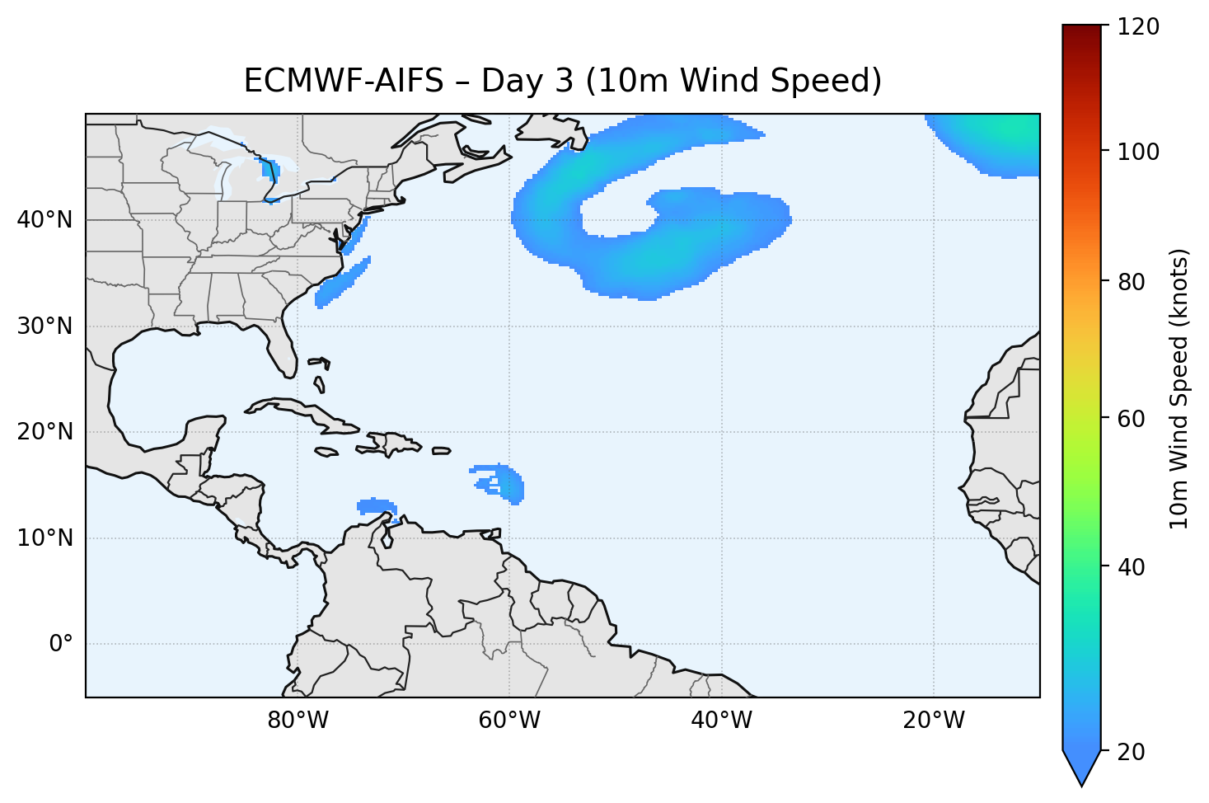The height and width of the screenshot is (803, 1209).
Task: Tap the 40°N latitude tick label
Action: pyautogui.click(x=45, y=220)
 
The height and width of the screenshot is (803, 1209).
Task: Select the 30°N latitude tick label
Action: pyautogui.click(x=45, y=326)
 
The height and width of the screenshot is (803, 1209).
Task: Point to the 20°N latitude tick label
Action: pyautogui.click(x=45, y=432)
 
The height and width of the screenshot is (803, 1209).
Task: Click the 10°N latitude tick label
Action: pyautogui.click(x=45, y=538)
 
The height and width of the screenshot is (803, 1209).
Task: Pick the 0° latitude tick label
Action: pyautogui.click(x=60, y=644)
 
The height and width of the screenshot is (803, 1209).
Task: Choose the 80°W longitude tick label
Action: pyautogui.click(x=298, y=721)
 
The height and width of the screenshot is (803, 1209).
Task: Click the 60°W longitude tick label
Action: pyautogui.click(x=509, y=721)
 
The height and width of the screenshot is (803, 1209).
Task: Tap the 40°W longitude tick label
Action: pyautogui.click(x=721, y=721)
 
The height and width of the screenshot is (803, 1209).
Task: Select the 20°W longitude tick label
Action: pyautogui.click(x=933, y=721)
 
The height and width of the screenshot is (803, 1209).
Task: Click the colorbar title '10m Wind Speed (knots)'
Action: pyautogui.click(x=1179, y=388)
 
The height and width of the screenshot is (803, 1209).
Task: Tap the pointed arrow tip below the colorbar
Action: pyautogui.click(x=1081, y=782)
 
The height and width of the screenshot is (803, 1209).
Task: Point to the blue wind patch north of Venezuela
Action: pyautogui.click(x=376, y=506)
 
